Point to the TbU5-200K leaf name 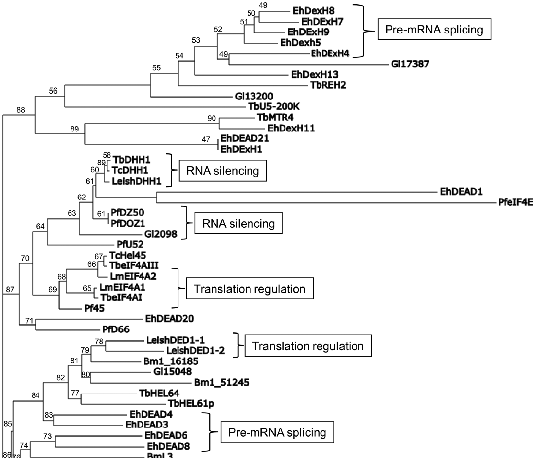tap(279, 106)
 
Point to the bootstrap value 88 tap(21, 110)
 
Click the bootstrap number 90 tap(213, 118)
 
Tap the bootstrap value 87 tap(10, 290)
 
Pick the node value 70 tap(26, 258)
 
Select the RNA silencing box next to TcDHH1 tap(223, 171)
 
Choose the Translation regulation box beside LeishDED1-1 tap(308, 346)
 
